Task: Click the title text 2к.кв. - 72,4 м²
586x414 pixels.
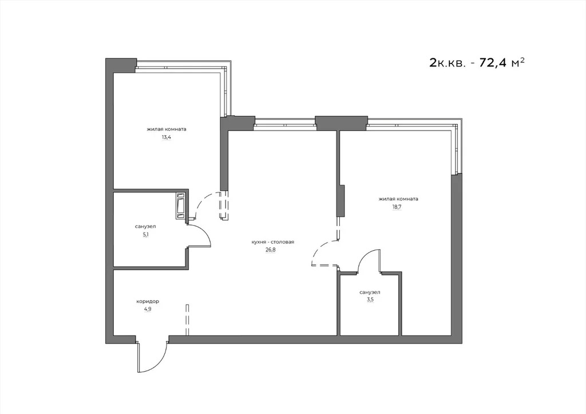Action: click(x=477, y=62)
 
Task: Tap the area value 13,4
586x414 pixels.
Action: click(x=167, y=137)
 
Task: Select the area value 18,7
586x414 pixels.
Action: click(x=396, y=207)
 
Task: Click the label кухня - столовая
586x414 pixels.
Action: click(x=272, y=242)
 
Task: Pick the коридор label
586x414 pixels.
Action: click(x=147, y=301)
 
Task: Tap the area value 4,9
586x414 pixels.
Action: click(x=147, y=309)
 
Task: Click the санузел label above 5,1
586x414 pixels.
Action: click(x=145, y=226)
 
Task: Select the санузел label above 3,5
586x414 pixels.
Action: click(x=370, y=292)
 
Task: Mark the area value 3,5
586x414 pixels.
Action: click(x=370, y=300)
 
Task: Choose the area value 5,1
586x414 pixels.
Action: click(x=145, y=234)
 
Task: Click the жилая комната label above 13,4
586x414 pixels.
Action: click(x=167, y=129)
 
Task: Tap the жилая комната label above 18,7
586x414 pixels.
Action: click(x=398, y=199)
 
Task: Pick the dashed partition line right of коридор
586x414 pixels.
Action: click(x=187, y=320)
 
